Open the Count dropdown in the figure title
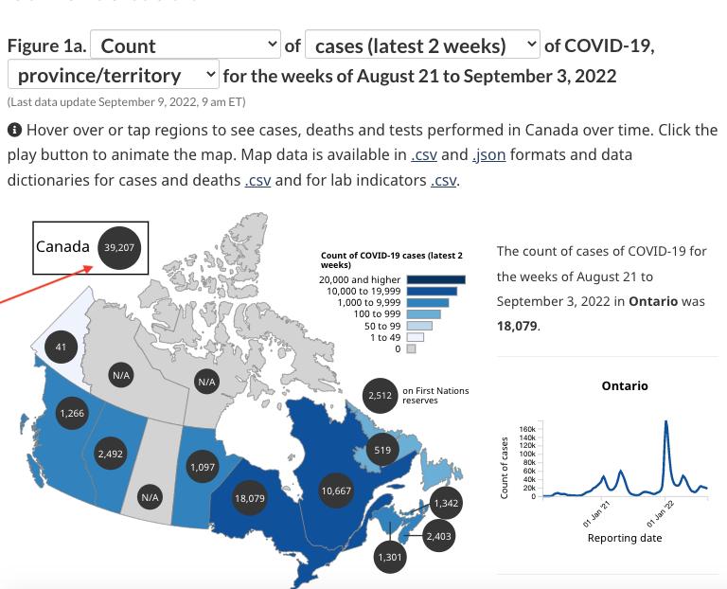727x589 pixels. (x=186, y=45)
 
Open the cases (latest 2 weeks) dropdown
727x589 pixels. (x=422, y=45)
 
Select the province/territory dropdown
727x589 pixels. (x=114, y=75)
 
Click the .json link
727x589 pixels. (x=488, y=154)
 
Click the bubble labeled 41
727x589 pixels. (x=61, y=348)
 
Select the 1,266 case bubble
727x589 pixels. (x=72, y=413)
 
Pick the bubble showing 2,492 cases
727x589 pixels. (x=110, y=455)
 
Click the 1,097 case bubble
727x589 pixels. (x=203, y=467)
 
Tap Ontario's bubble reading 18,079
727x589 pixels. (x=249, y=497)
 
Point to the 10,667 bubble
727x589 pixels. (x=336, y=491)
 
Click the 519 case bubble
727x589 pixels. (x=382, y=451)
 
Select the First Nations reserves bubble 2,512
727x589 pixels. (x=381, y=396)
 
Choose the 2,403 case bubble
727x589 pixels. (x=438, y=536)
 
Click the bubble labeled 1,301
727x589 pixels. (x=390, y=557)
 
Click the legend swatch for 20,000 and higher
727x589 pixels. (x=436, y=279)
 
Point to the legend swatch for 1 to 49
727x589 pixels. (x=415, y=337)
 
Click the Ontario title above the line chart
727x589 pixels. (x=624, y=385)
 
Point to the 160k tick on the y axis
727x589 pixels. (x=528, y=429)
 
